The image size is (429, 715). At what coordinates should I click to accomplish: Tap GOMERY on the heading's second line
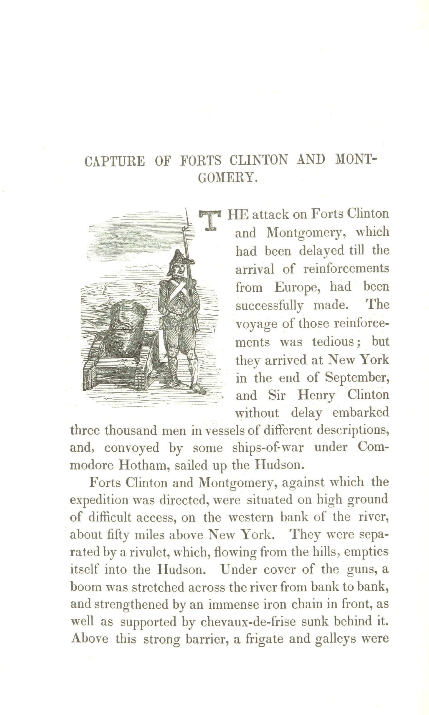[227, 178]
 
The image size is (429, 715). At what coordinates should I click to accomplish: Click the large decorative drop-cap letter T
[210, 220]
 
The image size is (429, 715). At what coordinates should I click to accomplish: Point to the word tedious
[333, 342]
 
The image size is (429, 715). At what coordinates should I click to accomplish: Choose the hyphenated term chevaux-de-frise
[248, 622]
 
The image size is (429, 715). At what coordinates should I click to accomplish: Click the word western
[251, 517]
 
